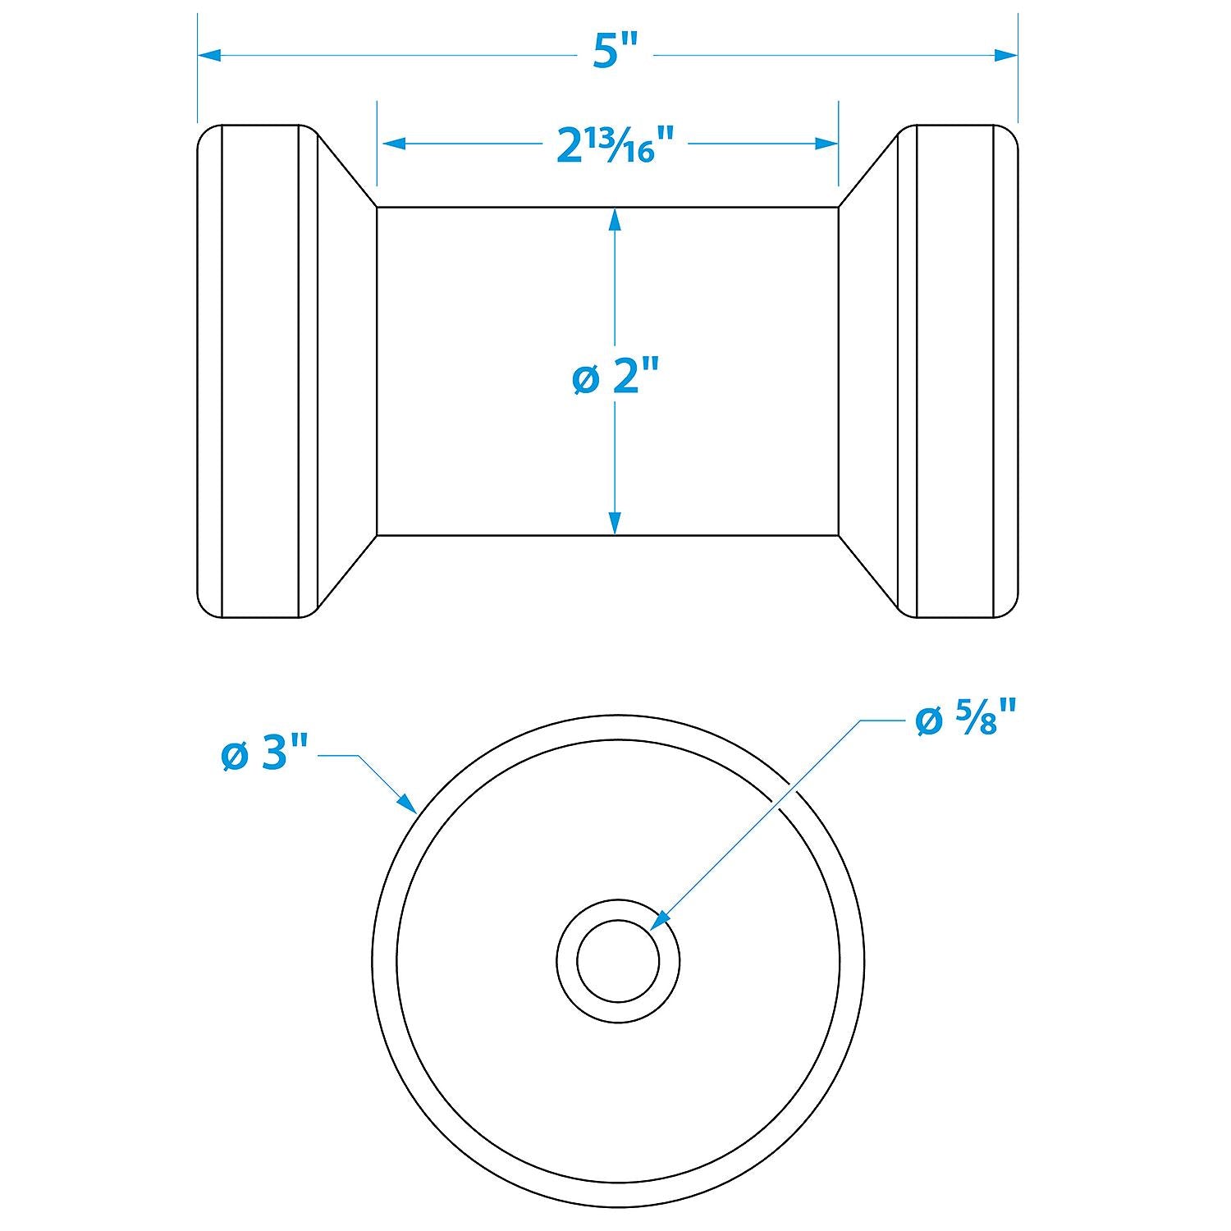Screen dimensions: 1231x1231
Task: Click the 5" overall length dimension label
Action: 615,54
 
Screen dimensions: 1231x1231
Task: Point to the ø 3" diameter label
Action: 264,755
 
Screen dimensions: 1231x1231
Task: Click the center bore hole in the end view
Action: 618,961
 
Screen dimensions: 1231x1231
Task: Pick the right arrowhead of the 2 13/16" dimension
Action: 826,144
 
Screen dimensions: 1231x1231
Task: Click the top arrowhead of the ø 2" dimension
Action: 615,218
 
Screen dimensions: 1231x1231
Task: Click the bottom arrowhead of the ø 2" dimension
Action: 615,524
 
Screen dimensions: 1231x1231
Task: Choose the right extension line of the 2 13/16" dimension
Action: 838,144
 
